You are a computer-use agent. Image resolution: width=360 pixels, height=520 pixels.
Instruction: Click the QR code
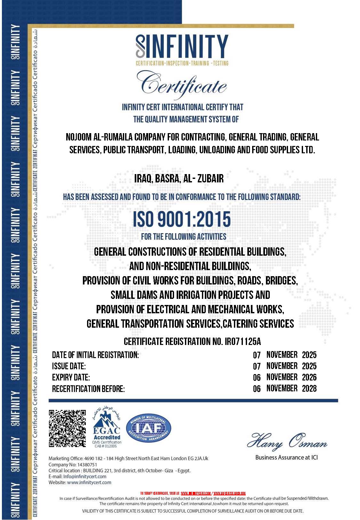(67, 428)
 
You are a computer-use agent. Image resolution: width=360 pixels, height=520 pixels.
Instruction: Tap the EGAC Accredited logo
(107, 428)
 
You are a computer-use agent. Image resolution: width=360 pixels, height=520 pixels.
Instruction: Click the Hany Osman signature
(287, 441)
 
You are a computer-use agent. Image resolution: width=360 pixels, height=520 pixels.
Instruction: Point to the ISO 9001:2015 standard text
(182, 219)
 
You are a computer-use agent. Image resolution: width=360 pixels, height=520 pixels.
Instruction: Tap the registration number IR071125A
(243, 342)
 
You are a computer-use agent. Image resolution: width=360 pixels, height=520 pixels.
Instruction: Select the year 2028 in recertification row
(309, 388)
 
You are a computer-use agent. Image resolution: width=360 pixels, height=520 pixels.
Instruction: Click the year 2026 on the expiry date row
(309, 377)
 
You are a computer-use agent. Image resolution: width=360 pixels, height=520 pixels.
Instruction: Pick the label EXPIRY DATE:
(71, 377)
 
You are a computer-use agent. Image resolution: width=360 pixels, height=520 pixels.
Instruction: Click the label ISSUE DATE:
(69, 366)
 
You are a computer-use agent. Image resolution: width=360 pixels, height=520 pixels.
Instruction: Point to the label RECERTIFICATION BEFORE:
(88, 389)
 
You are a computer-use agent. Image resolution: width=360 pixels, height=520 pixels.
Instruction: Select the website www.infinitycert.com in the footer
(89, 483)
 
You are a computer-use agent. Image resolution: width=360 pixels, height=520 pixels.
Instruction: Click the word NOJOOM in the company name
(78, 137)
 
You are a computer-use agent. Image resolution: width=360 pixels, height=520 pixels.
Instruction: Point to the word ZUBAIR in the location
(211, 178)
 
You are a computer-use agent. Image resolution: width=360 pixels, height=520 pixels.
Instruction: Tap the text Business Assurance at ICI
(286, 458)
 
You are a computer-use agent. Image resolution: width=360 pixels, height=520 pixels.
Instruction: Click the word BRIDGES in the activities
(283, 281)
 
